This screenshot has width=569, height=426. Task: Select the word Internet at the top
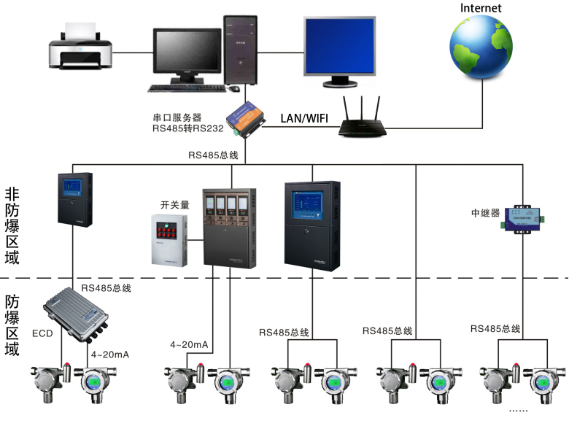pyautogui.click(x=481, y=8)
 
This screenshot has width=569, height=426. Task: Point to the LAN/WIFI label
pyautogui.click(x=304, y=117)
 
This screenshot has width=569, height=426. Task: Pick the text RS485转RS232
pyautogui.click(x=182, y=129)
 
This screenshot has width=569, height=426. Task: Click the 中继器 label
pyautogui.click(x=485, y=214)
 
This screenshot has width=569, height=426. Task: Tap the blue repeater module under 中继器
pyautogui.click(x=523, y=215)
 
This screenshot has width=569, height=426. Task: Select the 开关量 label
pyautogui.click(x=175, y=205)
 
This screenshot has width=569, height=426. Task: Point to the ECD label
pyautogui.click(x=42, y=333)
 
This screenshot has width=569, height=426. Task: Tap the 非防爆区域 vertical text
pyautogui.click(x=12, y=225)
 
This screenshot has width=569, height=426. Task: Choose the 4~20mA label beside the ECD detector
pyautogui.click(x=109, y=355)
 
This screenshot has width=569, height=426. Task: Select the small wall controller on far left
pyautogui.click(x=74, y=198)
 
